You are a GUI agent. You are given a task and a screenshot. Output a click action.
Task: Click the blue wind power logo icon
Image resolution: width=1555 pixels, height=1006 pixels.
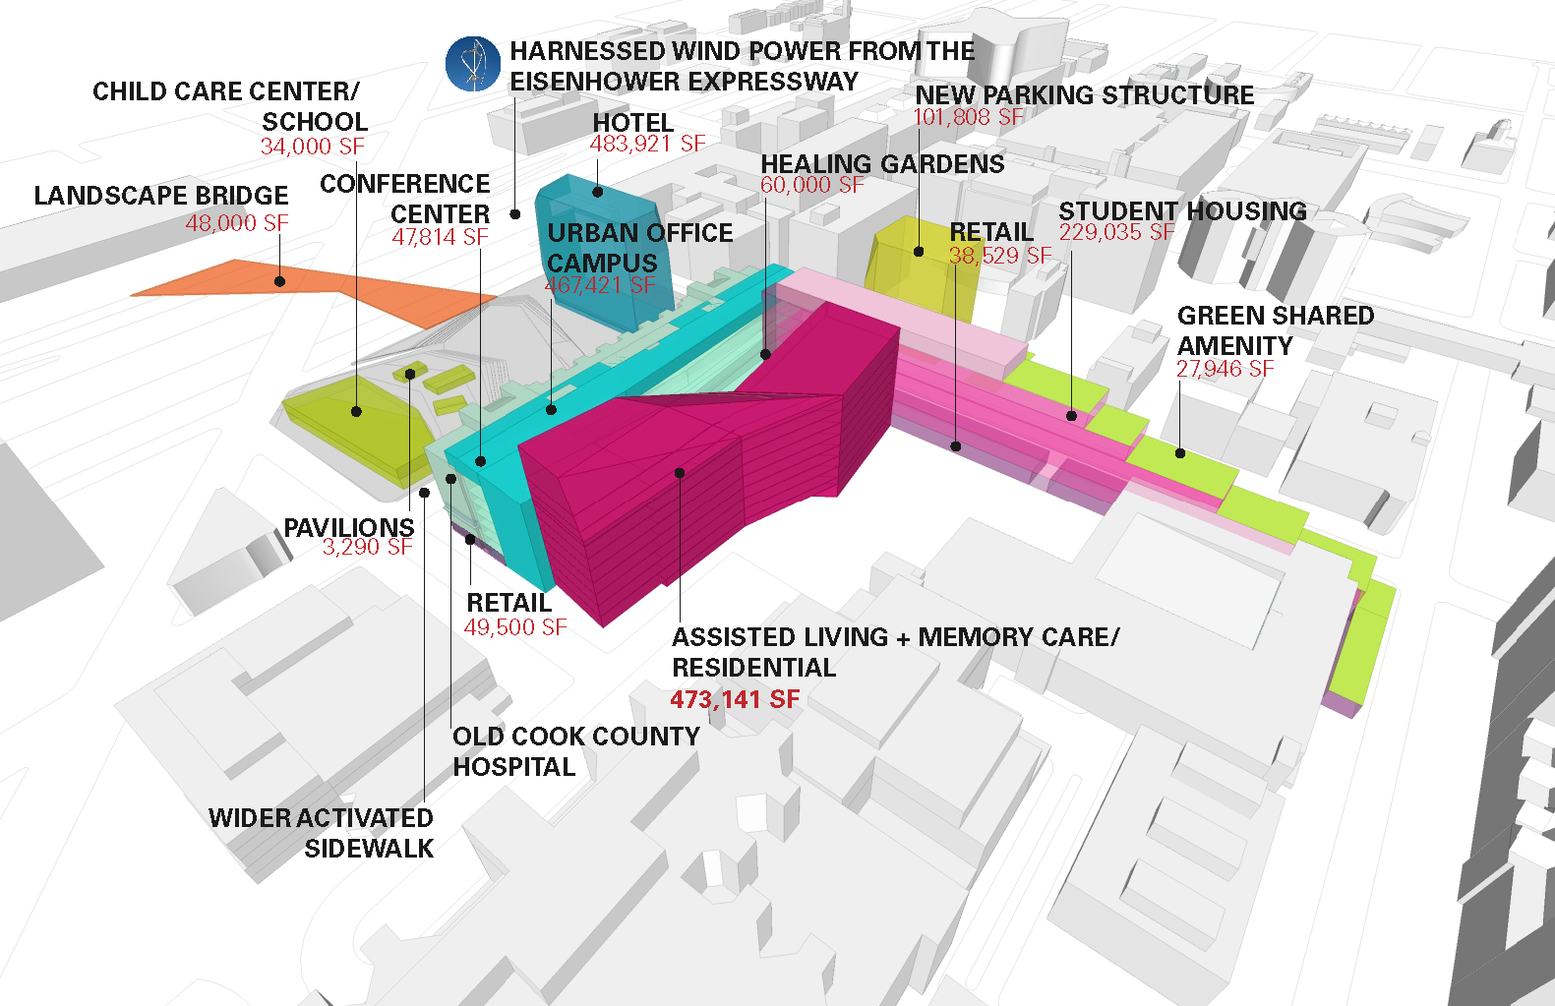click(473, 64)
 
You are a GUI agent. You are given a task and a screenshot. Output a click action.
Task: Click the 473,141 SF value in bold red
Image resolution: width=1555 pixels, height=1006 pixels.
click(735, 699)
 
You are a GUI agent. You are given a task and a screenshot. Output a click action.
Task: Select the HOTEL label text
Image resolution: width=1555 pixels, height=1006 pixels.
click(632, 123)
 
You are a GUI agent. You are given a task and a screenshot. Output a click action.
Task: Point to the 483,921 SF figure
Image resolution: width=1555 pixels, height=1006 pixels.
click(647, 144)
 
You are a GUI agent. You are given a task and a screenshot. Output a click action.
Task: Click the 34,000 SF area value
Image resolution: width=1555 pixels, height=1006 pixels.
click(312, 147)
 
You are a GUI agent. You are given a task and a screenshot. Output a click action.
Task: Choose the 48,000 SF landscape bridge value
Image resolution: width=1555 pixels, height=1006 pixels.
click(237, 223)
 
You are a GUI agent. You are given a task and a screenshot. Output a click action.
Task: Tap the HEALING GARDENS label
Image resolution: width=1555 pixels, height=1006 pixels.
click(882, 164)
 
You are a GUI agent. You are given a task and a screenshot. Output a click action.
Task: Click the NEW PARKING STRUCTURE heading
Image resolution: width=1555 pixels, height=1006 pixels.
click(1084, 95)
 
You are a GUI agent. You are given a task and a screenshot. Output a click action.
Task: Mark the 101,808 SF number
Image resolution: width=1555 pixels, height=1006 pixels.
click(969, 117)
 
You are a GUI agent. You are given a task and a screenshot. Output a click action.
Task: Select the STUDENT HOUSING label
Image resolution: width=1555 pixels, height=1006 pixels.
click(1182, 211)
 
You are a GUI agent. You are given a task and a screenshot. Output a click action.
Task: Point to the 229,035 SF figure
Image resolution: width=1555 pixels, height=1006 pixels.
click(1116, 232)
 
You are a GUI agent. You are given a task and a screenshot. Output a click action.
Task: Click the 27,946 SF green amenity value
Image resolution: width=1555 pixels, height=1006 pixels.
click(1225, 369)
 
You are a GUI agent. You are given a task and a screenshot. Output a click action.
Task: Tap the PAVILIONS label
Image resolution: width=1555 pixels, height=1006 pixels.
click(349, 528)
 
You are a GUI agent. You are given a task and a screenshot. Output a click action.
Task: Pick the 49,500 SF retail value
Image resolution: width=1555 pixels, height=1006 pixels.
click(515, 627)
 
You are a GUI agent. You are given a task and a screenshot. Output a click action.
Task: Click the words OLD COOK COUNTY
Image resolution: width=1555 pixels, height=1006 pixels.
click(575, 737)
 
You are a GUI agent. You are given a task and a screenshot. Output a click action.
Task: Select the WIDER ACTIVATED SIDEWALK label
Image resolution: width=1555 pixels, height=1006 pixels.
click(322, 833)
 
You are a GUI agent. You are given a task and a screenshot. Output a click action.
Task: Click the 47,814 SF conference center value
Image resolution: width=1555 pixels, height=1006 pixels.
click(440, 237)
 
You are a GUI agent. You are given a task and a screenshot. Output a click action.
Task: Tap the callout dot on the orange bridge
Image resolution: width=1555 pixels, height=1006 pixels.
click(280, 281)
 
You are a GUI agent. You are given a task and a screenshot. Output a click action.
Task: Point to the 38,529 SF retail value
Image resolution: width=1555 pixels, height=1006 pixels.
click(999, 256)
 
